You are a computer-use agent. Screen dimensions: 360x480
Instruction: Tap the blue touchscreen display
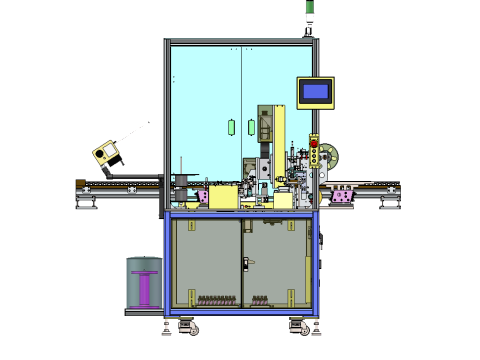(315, 92)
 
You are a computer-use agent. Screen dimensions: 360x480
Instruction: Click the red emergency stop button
(315, 146)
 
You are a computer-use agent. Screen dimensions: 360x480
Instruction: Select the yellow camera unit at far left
(105, 153)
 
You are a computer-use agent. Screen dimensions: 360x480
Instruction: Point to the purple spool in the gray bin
(146, 287)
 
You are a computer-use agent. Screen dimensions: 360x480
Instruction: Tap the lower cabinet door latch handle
(245, 263)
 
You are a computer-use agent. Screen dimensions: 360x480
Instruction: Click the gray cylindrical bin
(145, 283)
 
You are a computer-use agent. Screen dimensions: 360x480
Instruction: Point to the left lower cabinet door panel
(207, 262)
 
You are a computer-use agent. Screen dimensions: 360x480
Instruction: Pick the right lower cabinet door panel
(274, 262)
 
